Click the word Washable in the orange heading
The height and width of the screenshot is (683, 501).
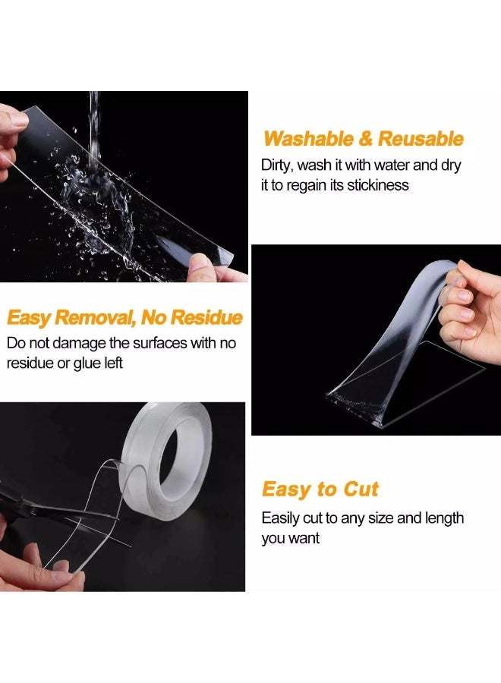click(308, 139)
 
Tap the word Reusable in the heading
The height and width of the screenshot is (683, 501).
click(421, 139)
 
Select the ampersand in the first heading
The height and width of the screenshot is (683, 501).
click(366, 139)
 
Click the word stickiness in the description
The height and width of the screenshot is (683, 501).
click(378, 185)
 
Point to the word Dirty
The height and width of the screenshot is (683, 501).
click(277, 165)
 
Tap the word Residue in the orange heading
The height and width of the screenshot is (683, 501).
click(206, 317)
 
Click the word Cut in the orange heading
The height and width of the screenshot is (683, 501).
click(361, 489)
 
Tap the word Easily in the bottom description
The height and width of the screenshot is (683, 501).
click(280, 518)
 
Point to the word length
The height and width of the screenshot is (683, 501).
click(443, 518)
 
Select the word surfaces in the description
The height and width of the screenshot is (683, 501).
click(159, 343)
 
